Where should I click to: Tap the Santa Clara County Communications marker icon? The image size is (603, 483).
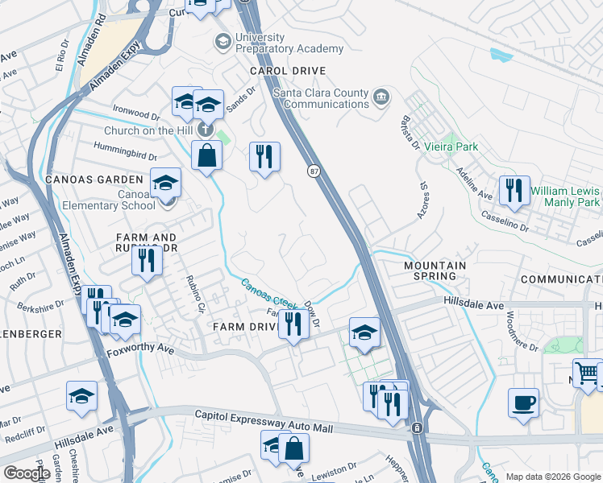pyautogui.click(x=382, y=98)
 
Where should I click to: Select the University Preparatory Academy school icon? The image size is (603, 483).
pyautogui.click(x=222, y=40)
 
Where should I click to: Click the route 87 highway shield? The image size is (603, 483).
pyautogui.click(x=312, y=171)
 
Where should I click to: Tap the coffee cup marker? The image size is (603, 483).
pyautogui.click(x=523, y=402)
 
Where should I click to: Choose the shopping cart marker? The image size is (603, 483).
pyautogui.click(x=588, y=373)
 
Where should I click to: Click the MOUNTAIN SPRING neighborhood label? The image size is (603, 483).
pyautogui.click(x=435, y=270)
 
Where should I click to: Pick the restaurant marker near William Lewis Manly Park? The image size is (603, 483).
pyautogui.click(x=514, y=191)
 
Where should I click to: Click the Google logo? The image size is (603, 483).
pyautogui.click(x=27, y=473)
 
